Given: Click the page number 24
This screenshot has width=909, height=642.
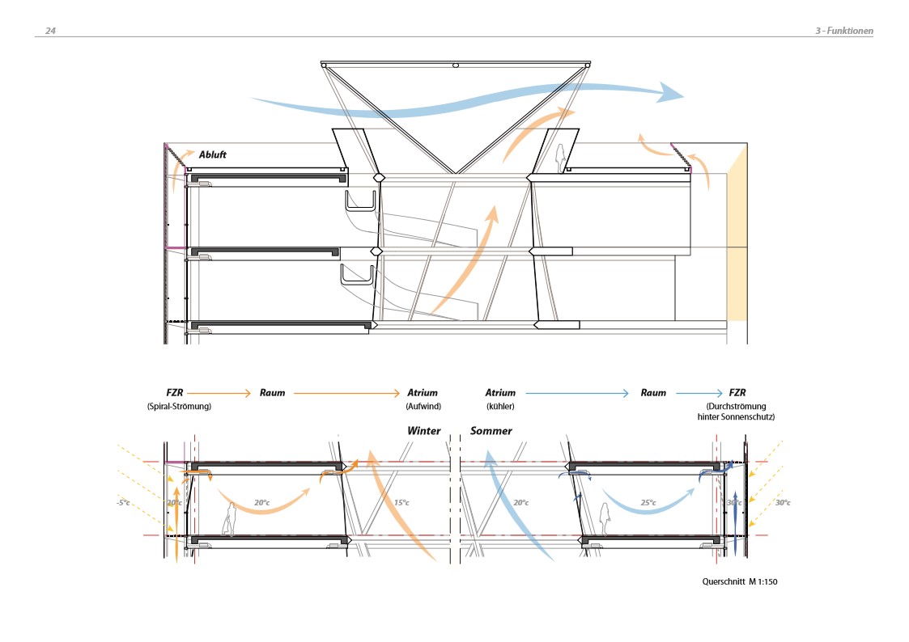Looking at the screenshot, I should [x=50, y=31].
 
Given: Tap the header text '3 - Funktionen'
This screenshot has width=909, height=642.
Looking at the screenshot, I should [x=843, y=31].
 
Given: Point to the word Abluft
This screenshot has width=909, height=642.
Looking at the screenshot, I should [x=213, y=154].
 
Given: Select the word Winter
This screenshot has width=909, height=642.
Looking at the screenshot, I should [x=424, y=431].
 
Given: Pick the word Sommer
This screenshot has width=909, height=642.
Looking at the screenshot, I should [x=491, y=431].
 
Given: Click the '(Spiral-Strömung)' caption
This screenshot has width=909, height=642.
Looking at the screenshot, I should [x=178, y=406].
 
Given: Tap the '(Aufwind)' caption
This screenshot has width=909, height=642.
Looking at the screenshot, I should [x=422, y=406].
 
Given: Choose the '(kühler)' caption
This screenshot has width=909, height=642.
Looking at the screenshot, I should [x=500, y=406].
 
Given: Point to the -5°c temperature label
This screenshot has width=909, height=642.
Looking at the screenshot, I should [x=123, y=503].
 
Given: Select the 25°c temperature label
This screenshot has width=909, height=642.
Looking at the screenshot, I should [x=648, y=503].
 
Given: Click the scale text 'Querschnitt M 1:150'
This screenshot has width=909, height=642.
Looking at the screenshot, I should [x=740, y=581].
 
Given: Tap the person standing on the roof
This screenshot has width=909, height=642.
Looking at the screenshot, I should [x=559, y=158].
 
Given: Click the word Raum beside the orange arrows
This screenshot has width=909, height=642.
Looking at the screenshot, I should [x=272, y=393].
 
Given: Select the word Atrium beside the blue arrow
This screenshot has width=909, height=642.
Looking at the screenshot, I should [x=500, y=393].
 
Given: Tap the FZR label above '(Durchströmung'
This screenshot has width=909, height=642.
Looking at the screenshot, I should [x=737, y=393].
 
